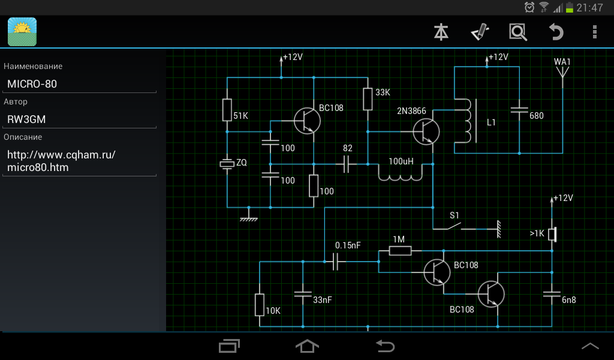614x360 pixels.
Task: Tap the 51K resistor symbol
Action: (227, 110)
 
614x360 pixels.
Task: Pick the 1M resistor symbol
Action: (399, 250)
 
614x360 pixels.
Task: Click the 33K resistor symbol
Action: (368, 99)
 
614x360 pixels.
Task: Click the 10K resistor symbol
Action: (260, 305)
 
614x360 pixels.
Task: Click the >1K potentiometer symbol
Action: (552, 234)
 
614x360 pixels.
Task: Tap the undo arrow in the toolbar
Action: (556, 32)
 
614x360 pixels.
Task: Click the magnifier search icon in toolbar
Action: (517, 32)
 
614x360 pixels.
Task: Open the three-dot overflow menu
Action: (594, 32)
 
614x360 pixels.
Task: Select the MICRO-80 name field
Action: (80, 84)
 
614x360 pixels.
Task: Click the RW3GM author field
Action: (80, 119)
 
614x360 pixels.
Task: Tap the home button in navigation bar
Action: (307, 346)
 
